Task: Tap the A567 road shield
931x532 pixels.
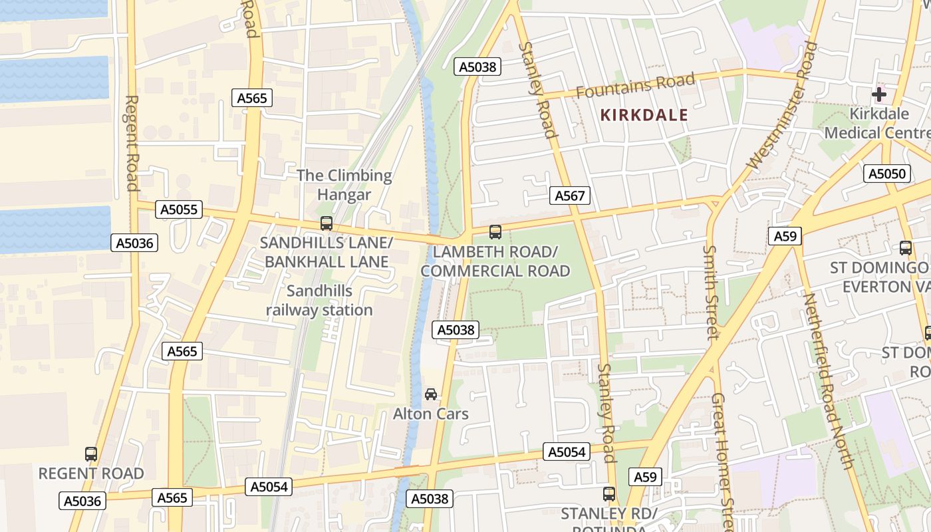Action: coord(570,196)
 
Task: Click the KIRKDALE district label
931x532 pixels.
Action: coord(644,115)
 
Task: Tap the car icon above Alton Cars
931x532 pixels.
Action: coord(431,394)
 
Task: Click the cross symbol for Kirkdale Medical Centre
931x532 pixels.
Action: coord(878,94)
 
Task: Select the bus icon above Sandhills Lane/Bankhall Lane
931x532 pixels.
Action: coord(326,223)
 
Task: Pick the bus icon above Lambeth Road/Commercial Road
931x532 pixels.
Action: coord(495,232)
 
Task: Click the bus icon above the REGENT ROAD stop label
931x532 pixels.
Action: coord(91,454)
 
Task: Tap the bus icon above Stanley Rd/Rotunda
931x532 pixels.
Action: coord(608,494)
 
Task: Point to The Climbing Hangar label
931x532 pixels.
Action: coord(344,185)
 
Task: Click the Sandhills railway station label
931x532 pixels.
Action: coord(319,301)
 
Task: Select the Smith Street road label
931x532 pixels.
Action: coord(711,292)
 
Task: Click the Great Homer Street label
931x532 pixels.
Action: coord(722,459)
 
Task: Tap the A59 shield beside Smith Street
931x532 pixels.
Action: coord(785,236)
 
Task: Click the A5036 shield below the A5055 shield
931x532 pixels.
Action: coord(135,243)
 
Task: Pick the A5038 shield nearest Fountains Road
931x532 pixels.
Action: coord(477,66)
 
